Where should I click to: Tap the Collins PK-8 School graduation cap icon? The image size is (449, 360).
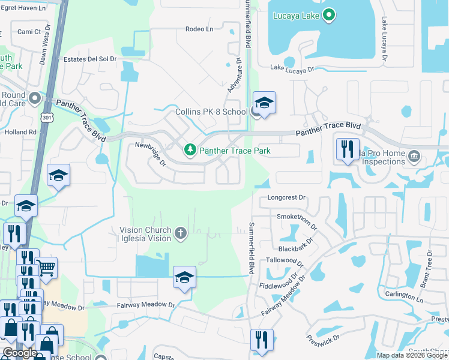tap(264, 102)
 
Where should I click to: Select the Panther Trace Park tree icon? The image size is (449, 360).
tap(190, 149)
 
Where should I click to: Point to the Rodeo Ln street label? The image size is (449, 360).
tap(200, 29)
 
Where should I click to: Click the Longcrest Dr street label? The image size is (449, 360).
tap(286, 197)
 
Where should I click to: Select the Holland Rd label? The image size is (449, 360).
tap(20, 132)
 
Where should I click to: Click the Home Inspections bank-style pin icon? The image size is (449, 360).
tap(414, 157)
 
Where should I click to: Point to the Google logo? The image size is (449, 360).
tap(19, 353)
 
